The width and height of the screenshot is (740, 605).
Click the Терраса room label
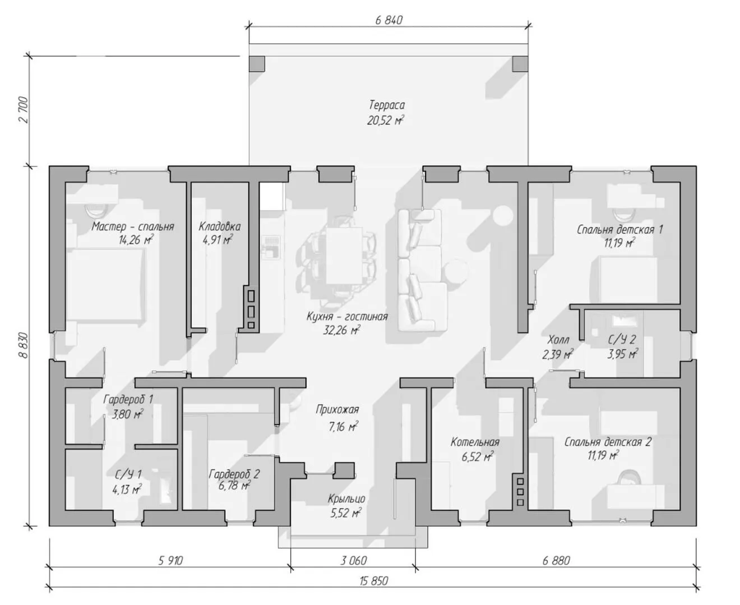pyautogui.click(x=387, y=105)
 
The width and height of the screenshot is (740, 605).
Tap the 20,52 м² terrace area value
pyautogui.click(x=385, y=120)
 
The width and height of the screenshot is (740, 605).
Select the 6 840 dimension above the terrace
pyautogui.click(x=388, y=20)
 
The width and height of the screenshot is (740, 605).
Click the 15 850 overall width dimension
pyautogui.click(x=374, y=581)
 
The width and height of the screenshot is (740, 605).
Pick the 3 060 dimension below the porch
pyautogui.click(x=353, y=560)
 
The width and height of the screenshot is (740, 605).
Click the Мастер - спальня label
pyautogui.click(x=133, y=226)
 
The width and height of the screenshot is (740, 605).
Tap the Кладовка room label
pyautogui.click(x=220, y=226)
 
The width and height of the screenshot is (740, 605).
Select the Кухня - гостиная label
pyautogui.click(x=347, y=317)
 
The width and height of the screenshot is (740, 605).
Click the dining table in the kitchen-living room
pyautogui.click(x=344, y=255)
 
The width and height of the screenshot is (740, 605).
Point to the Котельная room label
pyautogui.click(x=475, y=442)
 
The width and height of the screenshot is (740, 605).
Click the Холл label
pyautogui.click(x=558, y=339)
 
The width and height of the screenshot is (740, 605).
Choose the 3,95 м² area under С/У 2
pyautogui.click(x=622, y=354)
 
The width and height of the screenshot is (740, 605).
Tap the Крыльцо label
pyautogui.click(x=346, y=499)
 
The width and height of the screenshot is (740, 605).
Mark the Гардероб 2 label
pyautogui.click(x=234, y=474)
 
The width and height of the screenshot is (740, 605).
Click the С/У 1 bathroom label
pyautogui.click(x=128, y=474)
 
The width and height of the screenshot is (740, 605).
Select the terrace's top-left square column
pyautogui.click(x=257, y=64)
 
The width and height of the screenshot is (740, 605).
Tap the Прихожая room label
pyautogui.click(x=337, y=409)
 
